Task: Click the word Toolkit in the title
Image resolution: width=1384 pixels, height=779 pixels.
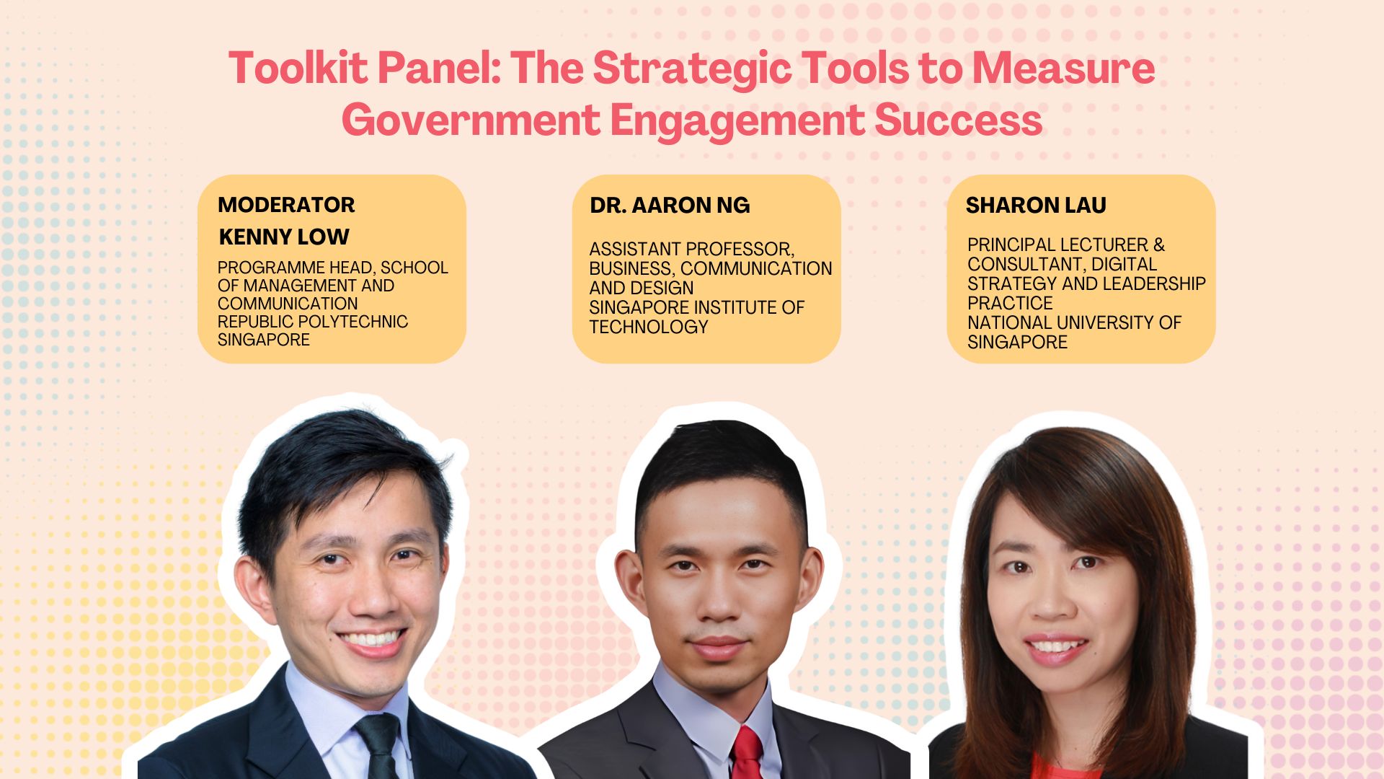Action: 297,68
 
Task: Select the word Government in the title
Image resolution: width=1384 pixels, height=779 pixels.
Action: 470,120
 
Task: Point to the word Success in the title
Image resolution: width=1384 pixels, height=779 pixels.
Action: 959,120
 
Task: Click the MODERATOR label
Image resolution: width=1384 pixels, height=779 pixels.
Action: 286,205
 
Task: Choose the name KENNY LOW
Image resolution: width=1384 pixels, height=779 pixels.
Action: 284,237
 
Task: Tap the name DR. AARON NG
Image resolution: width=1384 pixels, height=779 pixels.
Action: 670,206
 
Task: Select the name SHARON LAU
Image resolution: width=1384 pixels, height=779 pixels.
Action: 1036,206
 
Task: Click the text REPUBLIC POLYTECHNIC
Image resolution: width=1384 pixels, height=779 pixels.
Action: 313,322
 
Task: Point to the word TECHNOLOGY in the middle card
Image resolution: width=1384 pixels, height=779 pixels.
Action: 649,327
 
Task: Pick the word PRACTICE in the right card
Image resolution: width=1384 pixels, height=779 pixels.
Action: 1010,303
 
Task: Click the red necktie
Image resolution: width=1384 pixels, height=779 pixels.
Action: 748,754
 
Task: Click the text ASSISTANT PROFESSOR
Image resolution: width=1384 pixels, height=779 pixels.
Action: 691,250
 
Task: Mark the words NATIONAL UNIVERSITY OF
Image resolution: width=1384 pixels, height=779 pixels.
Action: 1074,322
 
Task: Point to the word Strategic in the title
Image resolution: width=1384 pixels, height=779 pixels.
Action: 691,68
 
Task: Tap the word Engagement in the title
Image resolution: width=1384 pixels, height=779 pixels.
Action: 737,120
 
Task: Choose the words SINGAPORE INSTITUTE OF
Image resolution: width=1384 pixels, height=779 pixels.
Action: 696,307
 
